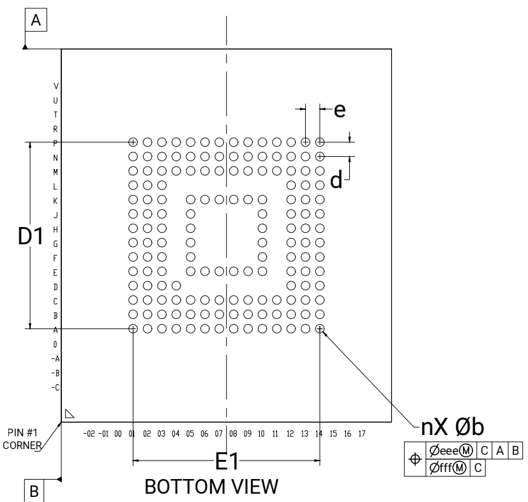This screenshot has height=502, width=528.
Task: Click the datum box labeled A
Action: coord(36,21)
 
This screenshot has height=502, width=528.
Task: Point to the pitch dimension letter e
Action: coord(340,110)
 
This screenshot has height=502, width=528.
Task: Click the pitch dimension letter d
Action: coord(336,181)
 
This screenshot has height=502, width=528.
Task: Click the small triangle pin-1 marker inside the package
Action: coord(70,414)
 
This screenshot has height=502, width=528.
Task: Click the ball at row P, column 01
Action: coord(133,142)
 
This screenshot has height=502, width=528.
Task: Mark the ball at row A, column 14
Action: coord(320,329)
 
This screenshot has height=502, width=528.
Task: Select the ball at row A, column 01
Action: coord(133,329)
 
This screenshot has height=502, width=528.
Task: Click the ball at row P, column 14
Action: coord(320,142)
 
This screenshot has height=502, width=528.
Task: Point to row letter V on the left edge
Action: coord(56,85)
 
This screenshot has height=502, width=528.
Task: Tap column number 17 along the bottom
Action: coord(361,434)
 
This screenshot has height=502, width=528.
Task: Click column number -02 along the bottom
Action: coord(89,434)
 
